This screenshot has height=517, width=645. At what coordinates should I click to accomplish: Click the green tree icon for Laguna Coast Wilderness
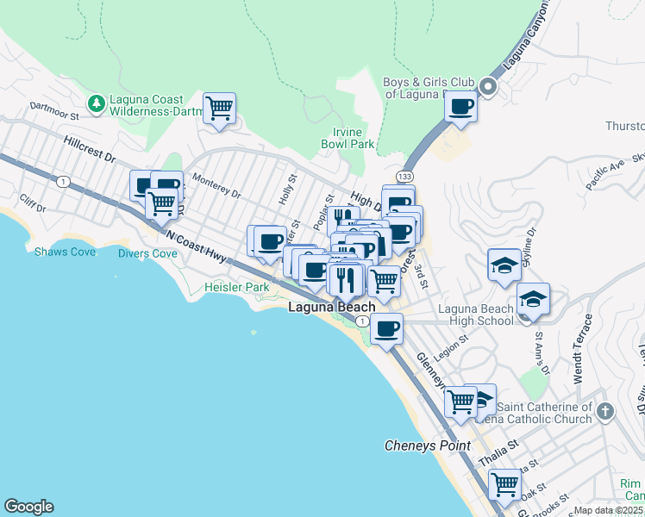(97, 103)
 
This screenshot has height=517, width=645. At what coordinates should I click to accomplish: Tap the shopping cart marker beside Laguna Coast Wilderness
(220, 109)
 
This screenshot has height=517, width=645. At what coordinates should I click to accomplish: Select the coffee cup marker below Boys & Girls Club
(460, 107)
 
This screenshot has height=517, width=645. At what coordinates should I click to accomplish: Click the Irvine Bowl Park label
(354, 138)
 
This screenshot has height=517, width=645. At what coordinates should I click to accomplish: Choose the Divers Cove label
(147, 253)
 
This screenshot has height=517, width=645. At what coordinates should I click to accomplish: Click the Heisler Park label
(236, 287)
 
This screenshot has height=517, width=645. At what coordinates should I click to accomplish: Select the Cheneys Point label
(428, 445)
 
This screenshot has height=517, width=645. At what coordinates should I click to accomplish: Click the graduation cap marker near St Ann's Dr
(534, 299)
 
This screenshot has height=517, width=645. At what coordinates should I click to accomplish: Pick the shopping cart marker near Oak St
(504, 483)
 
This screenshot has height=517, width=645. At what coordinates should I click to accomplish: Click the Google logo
(28, 507)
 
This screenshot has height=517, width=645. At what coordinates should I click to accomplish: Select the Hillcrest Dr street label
(88, 147)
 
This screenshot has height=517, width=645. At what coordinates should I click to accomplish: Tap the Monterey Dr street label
(216, 187)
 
